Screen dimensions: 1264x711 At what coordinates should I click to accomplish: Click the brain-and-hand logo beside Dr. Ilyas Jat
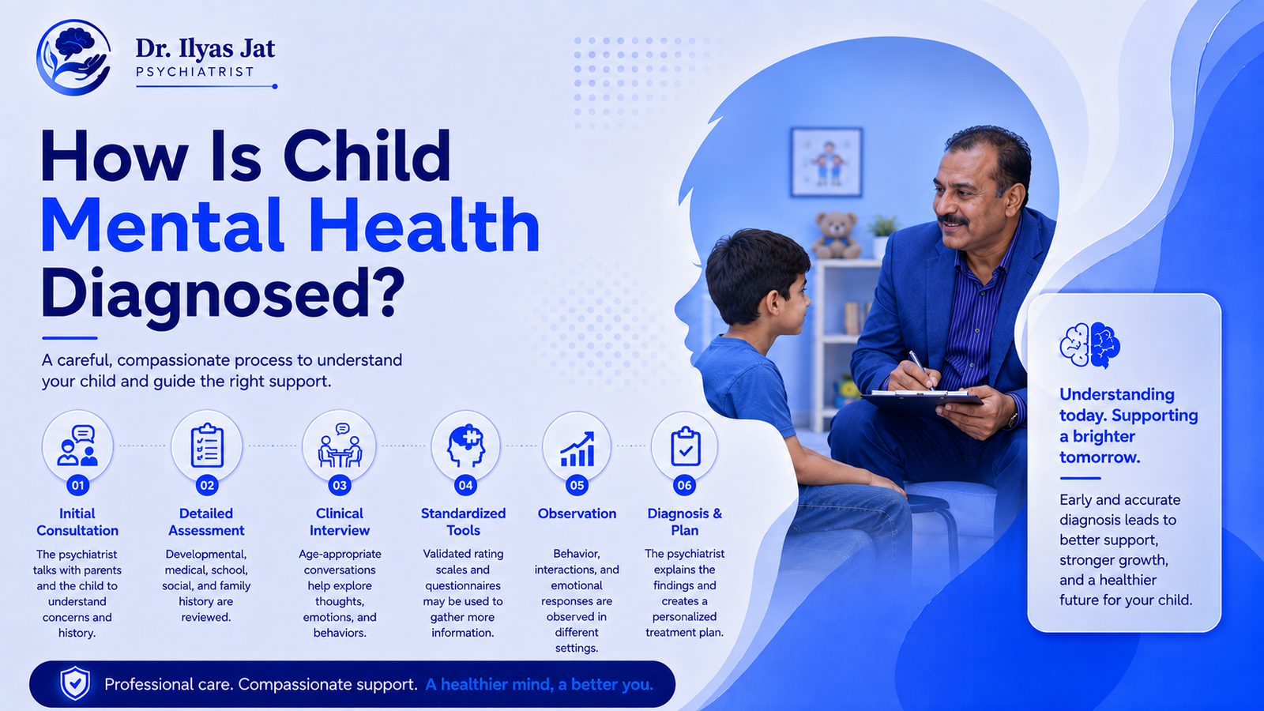pos(73,57)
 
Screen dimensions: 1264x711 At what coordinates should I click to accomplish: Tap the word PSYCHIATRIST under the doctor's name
pos(194,72)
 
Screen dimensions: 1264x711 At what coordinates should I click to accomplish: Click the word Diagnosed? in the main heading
pos(224,295)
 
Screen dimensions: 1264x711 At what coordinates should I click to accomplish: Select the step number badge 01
pos(78,485)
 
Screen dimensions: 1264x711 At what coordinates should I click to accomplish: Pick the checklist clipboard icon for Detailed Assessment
pos(207,446)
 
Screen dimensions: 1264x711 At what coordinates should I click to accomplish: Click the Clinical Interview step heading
pos(340,522)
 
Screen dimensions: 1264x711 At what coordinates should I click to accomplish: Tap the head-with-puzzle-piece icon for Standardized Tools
pos(465,446)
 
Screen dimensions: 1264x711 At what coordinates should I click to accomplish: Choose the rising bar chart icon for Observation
pos(577,450)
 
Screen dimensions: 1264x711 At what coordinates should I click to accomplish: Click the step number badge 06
pos(684,485)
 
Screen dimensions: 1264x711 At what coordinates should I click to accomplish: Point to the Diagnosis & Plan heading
pos(684,522)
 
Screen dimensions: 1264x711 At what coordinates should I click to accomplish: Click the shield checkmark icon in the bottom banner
pos(75,683)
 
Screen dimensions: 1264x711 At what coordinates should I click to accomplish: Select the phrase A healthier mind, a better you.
pos(539,684)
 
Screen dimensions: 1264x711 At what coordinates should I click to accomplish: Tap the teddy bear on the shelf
pos(836,235)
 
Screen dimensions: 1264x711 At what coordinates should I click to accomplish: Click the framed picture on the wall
pos(826,162)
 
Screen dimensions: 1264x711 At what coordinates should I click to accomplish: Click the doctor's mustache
pos(954,220)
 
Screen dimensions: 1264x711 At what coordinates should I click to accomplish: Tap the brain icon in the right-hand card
pos(1089,344)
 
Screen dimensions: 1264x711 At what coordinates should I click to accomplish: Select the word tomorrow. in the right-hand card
pos(1099,457)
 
